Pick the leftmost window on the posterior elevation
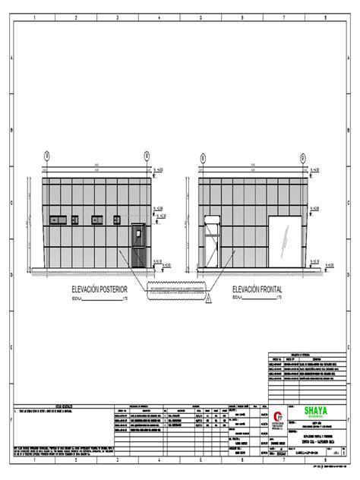(56, 221)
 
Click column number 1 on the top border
(35, 15)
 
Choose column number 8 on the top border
(324, 15)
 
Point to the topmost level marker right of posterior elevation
(157, 172)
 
